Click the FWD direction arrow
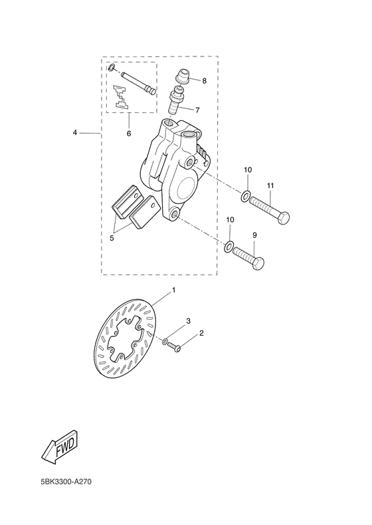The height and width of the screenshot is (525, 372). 62,447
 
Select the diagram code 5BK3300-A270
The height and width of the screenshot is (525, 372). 66,482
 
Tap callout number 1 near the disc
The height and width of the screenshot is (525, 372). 174,290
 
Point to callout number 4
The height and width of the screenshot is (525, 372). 75,133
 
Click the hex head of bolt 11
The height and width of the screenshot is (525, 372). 283,219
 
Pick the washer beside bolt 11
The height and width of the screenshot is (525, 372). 244,197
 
